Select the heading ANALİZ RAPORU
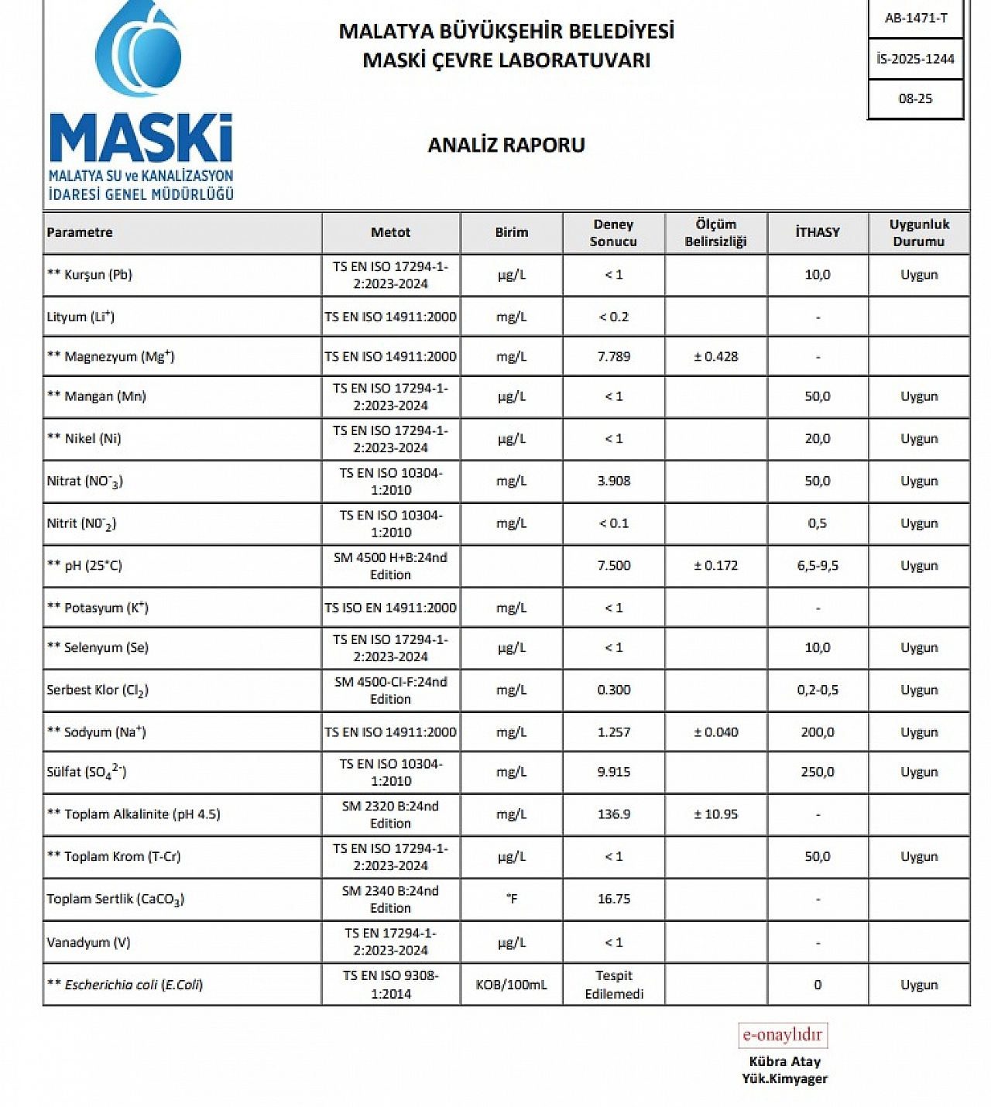[506, 145]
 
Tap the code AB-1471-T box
[915, 18]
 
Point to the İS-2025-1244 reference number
[915, 59]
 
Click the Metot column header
[390, 232]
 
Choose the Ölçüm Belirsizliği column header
[715, 232]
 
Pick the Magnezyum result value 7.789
[613, 357]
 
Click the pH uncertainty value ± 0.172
[715, 565]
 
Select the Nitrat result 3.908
[613, 481]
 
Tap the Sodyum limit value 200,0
[818, 732]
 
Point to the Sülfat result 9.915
[613, 772]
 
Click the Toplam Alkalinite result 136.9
[613, 814]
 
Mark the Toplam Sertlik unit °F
[511, 899]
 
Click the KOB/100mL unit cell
[511, 985]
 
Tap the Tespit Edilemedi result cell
[613, 985]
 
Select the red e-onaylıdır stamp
[782, 1035]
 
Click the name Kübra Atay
[784, 1061]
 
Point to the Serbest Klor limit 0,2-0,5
[818, 690]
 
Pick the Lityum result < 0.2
[613, 317]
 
